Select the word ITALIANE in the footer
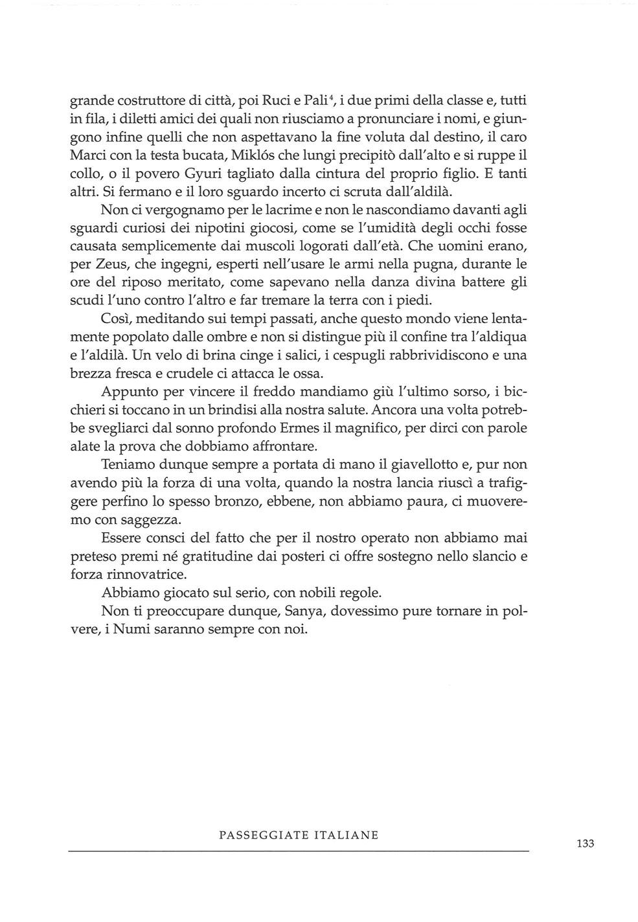point(347,835)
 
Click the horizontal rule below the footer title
point(298,850)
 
